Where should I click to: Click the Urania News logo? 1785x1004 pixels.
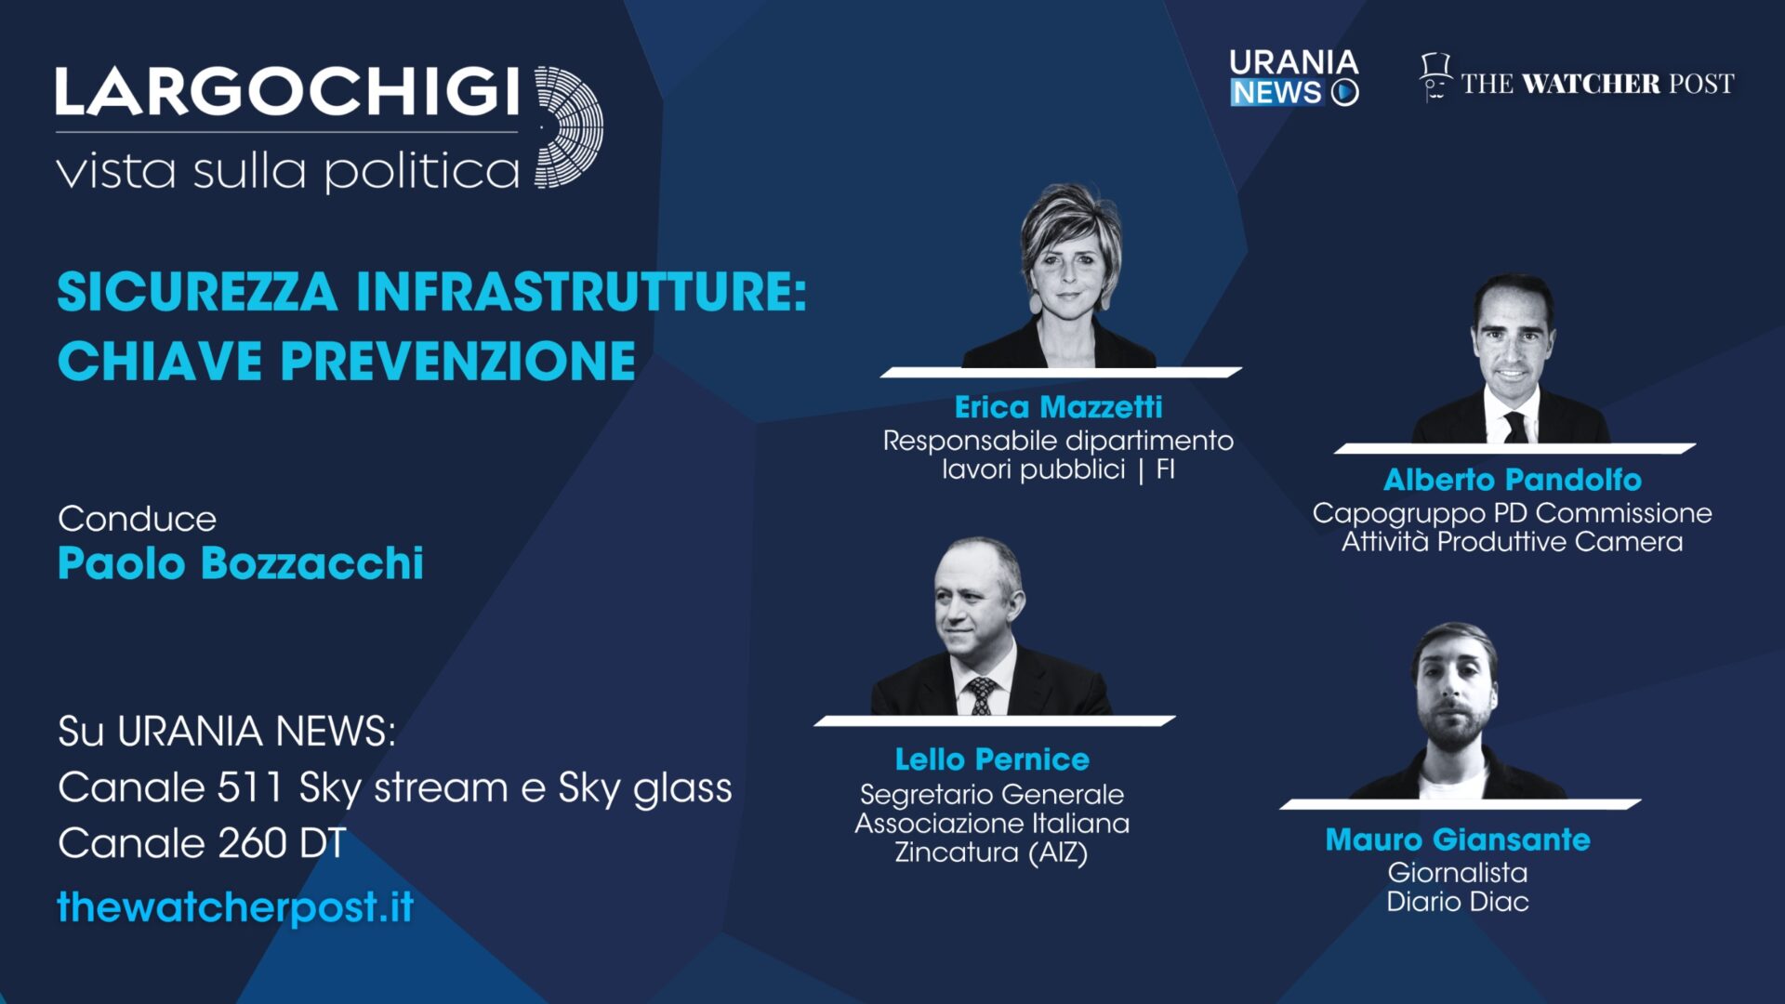(1293, 78)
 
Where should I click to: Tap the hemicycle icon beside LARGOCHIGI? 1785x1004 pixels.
(568, 127)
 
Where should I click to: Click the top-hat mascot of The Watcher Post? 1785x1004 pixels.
(1435, 77)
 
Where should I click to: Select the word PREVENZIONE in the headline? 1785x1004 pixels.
(457, 362)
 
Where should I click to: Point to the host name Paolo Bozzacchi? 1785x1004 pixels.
(240, 563)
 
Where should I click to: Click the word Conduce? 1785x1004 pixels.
(137, 519)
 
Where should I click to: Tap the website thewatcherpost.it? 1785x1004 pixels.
(235, 907)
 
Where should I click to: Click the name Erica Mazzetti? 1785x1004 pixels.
(1058, 407)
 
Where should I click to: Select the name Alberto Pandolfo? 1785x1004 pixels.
(1512, 480)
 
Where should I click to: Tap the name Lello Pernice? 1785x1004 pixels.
(992, 760)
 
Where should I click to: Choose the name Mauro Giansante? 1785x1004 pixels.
(1457, 839)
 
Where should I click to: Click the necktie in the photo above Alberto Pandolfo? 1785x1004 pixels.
(1515, 426)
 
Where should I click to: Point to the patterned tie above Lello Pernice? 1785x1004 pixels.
(982, 695)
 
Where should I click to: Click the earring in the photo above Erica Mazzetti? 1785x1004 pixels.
(1035, 305)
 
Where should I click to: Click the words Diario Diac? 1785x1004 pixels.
(1457, 902)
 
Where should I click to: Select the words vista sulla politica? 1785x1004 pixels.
(287, 172)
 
